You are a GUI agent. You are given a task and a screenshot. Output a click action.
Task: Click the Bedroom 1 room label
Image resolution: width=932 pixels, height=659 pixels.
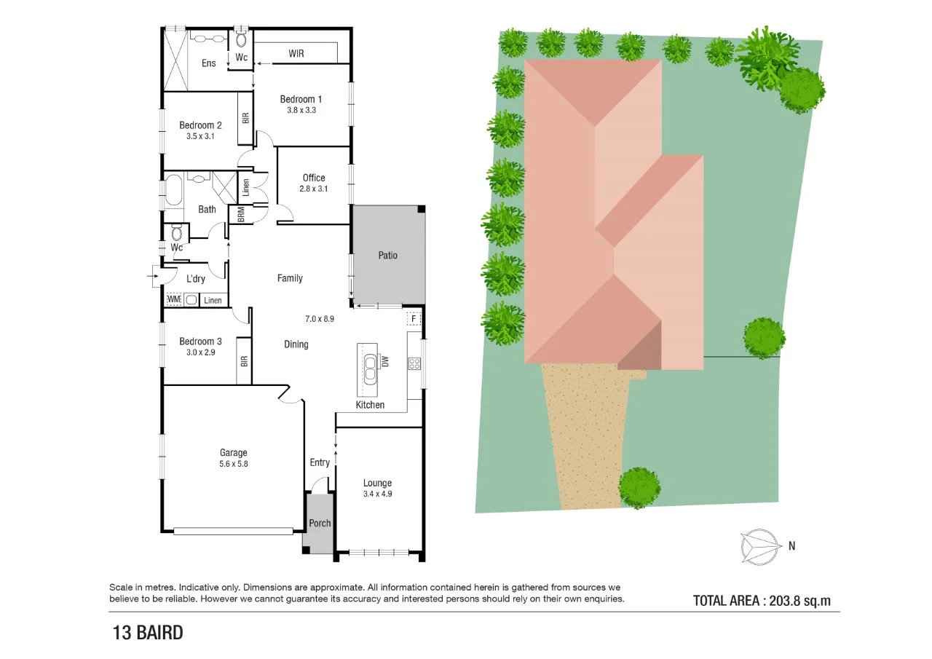click(x=301, y=99)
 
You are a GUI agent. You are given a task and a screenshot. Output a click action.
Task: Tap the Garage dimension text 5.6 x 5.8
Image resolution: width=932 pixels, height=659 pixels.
click(x=234, y=463)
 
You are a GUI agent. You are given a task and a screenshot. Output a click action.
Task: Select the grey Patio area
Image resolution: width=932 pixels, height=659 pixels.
click(x=388, y=255)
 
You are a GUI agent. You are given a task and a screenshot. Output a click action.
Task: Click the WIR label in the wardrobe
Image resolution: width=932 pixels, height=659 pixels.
click(x=296, y=54)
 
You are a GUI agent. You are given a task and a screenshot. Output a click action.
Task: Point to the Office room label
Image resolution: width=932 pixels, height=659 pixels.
click(x=314, y=178)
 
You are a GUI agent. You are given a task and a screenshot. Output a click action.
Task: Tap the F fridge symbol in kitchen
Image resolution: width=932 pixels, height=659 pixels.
click(x=414, y=319)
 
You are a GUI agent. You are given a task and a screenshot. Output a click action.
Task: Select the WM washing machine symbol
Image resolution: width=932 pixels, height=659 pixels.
click(x=173, y=299)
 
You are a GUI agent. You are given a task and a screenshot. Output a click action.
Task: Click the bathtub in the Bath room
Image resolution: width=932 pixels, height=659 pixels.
click(x=173, y=191)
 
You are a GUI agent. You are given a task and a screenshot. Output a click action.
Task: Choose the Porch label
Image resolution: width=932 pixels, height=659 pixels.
click(x=320, y=523)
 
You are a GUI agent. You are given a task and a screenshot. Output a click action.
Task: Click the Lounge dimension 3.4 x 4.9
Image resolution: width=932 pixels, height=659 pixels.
click(x=377, y=494)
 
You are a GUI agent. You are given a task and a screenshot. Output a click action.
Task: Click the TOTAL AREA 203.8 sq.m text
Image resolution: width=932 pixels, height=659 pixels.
click(x=762, y=601)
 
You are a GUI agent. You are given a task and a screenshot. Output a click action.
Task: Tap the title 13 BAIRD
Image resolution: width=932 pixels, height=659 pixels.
click(x=147, y=633)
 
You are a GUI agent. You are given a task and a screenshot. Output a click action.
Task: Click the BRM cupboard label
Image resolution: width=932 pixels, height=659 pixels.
click(x=240, y=215)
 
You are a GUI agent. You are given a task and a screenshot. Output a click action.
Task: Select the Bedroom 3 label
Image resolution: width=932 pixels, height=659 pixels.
click(x=200, y=342)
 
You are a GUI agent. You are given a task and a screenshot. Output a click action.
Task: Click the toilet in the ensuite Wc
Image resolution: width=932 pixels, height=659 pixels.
click(x=242, y=40)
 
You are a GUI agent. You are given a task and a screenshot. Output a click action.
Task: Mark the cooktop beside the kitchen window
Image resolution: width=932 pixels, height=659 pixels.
click(x=414, y=363)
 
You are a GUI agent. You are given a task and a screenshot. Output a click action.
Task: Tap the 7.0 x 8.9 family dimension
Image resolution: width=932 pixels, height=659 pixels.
click(x=319, y=318)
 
